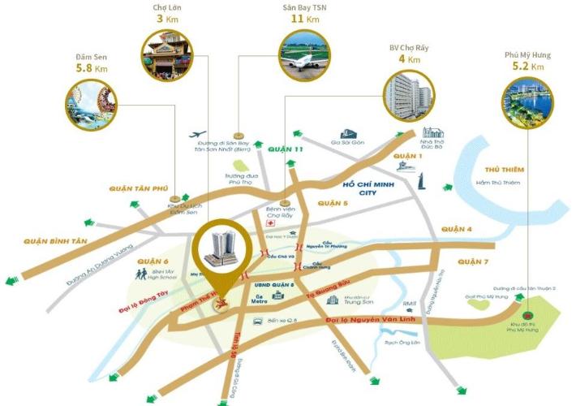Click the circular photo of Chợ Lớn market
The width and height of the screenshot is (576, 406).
pos(170,56)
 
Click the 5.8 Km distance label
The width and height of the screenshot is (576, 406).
pos(91,69)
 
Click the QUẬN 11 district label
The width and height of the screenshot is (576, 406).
pos(286,149)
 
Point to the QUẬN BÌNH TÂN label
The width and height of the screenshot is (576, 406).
pos(55,241)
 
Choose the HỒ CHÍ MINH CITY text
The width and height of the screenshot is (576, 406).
pos(372,188)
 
